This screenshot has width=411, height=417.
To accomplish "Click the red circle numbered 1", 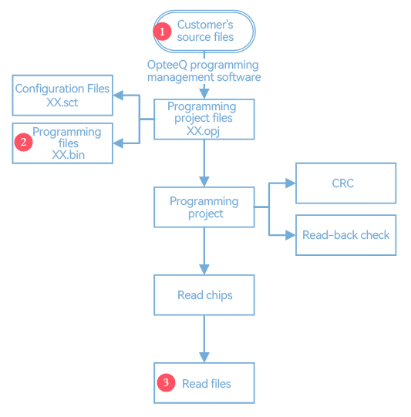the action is (162, 32).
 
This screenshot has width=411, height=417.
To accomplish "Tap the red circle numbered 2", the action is (23, 142).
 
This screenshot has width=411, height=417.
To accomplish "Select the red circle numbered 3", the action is (166, 382).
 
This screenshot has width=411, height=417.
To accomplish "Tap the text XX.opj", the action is (204, 131).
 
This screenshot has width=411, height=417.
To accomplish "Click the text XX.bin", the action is (69, 155).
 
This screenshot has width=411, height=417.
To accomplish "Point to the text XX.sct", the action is (62, 103).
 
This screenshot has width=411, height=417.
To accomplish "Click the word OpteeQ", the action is (167, 65).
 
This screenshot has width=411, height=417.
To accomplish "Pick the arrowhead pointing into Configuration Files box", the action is (118, 95).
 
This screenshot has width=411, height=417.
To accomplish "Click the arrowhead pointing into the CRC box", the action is (290, 183).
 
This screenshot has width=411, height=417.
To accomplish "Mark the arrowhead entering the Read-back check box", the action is (290, 235).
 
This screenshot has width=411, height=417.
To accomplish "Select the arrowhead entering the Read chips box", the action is (204, 270).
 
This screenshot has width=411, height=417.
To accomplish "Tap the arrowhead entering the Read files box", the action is (204, 358).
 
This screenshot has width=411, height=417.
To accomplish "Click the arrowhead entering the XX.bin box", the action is (118, 143).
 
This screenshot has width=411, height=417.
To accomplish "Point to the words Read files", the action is (207, 384).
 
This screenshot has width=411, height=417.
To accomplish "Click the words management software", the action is (204, 77).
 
